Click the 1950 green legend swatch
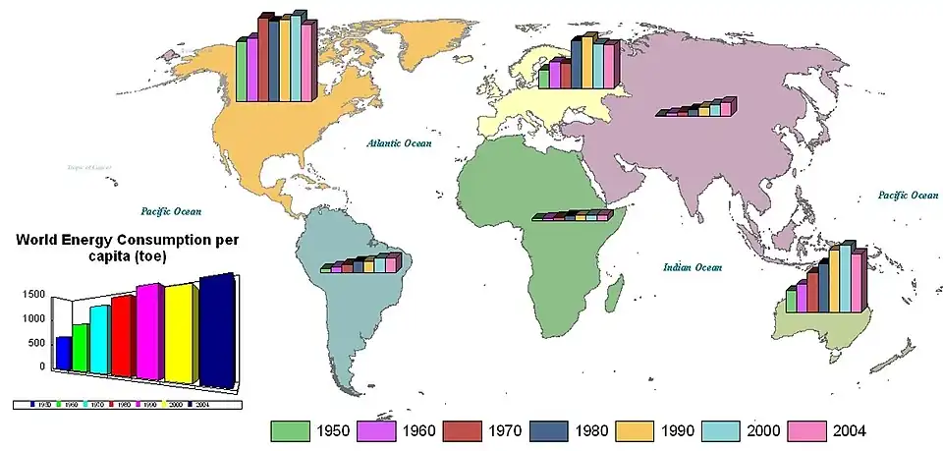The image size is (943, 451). click(x=292, y=430)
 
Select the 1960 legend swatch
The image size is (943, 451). click(x=378, y=430)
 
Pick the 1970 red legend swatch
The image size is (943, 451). click(x=464, y=430)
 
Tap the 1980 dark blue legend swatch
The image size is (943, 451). click(x=550, y=430)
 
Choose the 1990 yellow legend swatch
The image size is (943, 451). click(x=636, y=430)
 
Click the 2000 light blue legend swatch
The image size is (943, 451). click(x=722, y=430)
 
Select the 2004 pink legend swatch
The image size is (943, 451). click(x=807, y=430)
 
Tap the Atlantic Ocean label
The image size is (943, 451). click(x=399, y=143)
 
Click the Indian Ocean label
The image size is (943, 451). click(x=693, y=267)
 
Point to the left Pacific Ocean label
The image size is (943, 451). click(x=171, y=211)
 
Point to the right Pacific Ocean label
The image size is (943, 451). click(x=908, y=196)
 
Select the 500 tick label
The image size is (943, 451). click(x=36, y=343)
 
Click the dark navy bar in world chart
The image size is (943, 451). click(x=215, y=329)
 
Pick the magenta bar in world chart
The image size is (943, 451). click(x=148, y=331)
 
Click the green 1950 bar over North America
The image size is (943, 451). click(x=242, y=70)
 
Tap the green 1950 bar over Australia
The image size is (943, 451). click(x=791, y=301)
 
